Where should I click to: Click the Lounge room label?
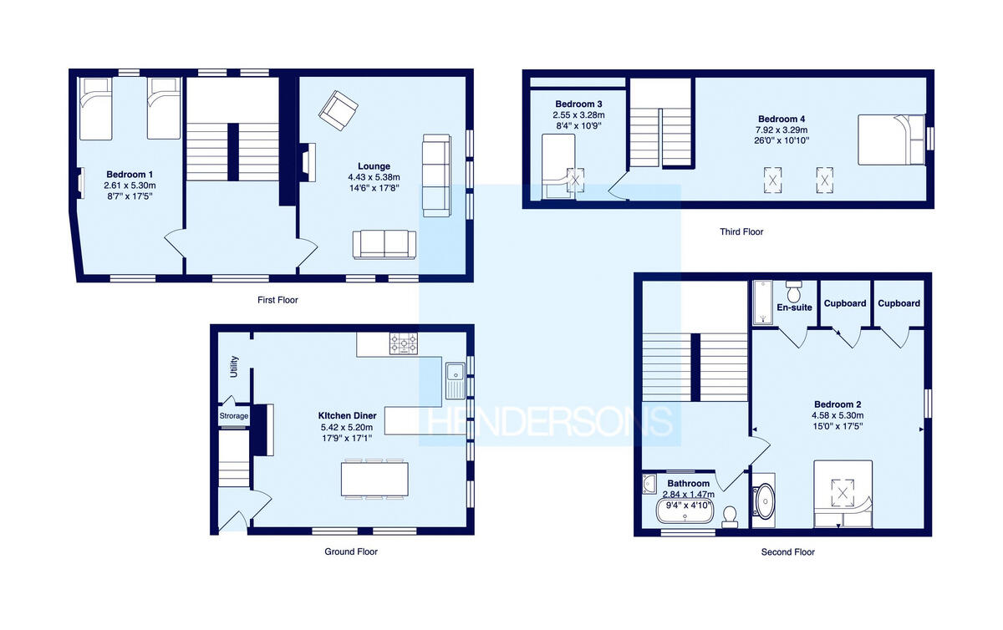[374, 166]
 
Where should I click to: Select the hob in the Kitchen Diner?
[403, 343]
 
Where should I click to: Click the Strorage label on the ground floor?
[234, 416]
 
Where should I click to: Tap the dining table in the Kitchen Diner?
[375, 479]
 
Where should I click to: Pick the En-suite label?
[794, 307]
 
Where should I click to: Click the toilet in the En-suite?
[794, 292]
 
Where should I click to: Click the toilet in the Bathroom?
[731, 516]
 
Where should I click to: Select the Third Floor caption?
[741, 231]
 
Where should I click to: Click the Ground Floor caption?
[351, 551]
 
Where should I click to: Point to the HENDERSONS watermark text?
[550, 422]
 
